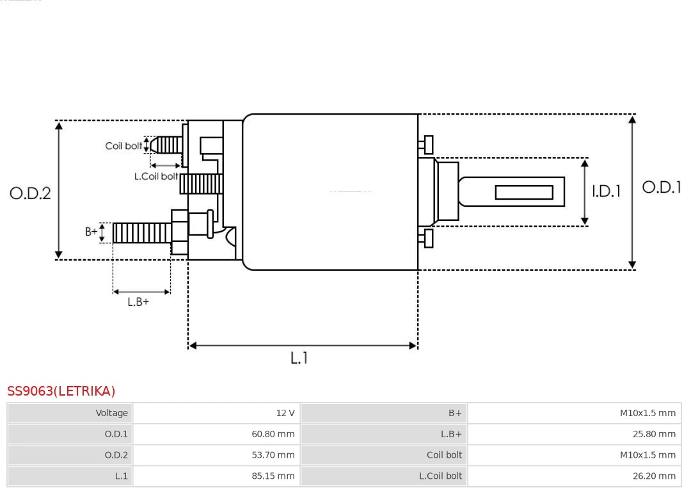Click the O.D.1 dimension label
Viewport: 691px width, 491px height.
coord(661,187)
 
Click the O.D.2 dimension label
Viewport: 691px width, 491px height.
coord(30,193)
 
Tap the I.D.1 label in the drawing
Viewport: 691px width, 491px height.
coord(605,191)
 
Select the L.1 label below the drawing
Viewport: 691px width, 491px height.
coord(299,358)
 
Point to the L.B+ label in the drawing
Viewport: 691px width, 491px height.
coord(138,302)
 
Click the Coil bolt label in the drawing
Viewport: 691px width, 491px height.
coord(123,146)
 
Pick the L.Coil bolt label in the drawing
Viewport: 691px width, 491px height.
coord(155,176)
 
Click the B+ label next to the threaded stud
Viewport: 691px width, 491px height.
coord(91,232)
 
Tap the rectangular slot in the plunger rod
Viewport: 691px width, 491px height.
coord(524,192)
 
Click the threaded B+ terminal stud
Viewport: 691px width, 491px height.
coord(141,232)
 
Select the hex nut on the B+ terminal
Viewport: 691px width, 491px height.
coord(179,232)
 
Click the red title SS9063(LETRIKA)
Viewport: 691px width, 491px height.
coord(61,391)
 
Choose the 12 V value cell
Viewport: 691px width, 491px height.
coord(217,413)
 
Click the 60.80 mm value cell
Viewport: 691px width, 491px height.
coord(217,434)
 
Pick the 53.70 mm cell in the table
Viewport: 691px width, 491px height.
coord(217,455)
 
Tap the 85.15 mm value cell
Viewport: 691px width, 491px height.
coord(217,476)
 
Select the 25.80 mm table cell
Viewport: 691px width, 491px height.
coord(575,434)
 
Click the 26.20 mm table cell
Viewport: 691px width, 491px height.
coord(575,476)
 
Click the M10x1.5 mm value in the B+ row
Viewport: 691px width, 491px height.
coord(575,413)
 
